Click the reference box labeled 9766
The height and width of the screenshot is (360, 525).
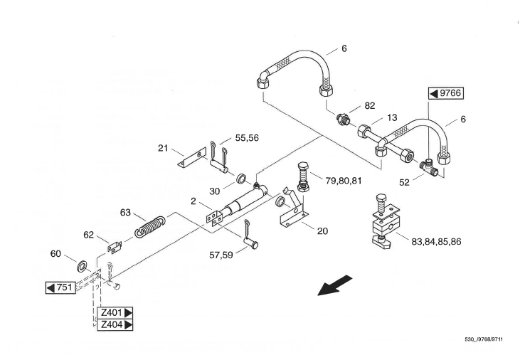click(446, 93)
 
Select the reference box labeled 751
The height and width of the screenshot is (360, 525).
click(60, 287)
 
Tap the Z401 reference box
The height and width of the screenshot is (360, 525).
click(115, 313)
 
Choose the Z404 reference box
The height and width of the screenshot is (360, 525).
click(115, 325)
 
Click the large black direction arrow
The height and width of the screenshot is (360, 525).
click(334, 285)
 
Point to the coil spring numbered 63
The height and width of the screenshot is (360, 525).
click(150, 227)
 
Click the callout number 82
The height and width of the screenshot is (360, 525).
click(370, 106)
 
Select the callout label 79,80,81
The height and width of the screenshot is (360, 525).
click(344, 181)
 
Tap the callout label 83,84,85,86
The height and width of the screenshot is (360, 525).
click(436, 241)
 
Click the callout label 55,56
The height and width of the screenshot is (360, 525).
click(247, 138)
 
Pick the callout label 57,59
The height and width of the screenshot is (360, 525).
click(221, 255)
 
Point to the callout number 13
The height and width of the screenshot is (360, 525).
click(392, 118)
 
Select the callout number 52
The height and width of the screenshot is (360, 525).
click(405, 183)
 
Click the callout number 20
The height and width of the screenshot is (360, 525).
click(322, 231)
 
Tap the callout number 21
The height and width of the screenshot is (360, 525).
click(163, 148)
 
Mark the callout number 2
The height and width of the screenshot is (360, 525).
click(193, 201)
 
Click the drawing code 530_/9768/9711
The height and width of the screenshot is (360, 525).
click(484, 339)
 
